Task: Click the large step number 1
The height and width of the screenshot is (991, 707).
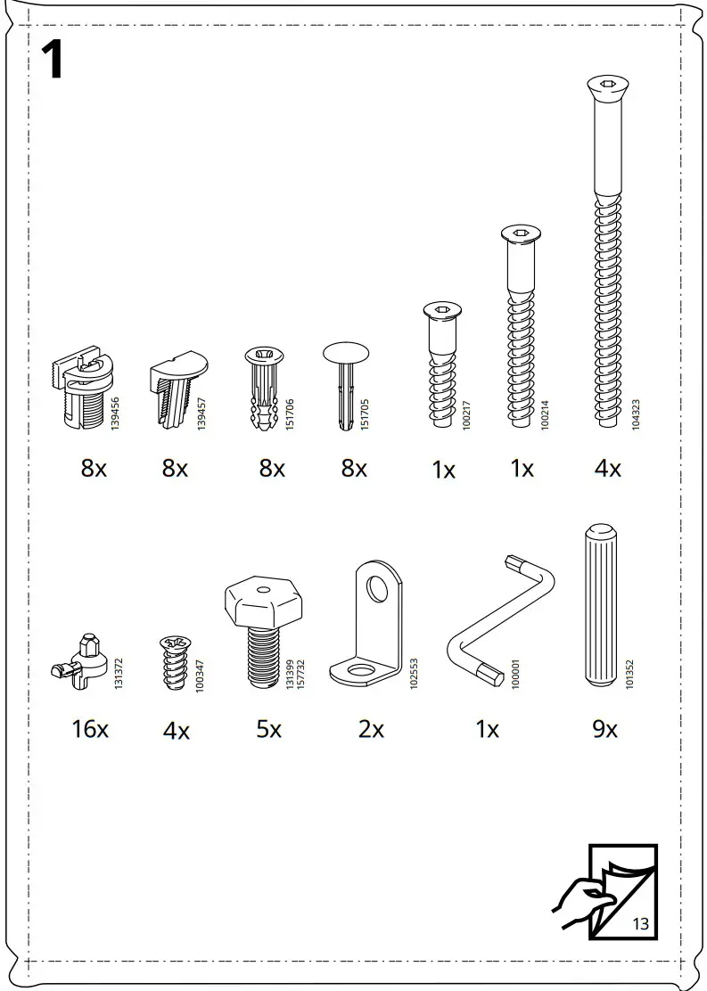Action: click(53, 60)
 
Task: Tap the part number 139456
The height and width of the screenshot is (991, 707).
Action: click(115, 414)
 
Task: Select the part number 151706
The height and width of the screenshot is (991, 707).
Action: click(290, 414)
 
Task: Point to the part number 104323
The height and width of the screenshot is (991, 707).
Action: click(636, 414)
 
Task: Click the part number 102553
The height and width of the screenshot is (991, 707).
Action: click(414, 673)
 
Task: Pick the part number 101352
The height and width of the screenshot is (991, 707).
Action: click(629, 674)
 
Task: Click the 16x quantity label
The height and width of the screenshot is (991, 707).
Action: click(90, 729)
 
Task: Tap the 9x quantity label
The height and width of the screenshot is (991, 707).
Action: click(604, 729)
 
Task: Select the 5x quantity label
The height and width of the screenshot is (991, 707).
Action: click(268, 729)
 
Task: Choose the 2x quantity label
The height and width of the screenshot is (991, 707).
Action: click(371, 729)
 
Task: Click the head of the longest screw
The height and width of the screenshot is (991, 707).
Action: click(608, 84)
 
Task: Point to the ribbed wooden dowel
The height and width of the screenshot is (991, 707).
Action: click(601, 605)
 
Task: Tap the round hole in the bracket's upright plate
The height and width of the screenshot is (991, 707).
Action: click(377, 588)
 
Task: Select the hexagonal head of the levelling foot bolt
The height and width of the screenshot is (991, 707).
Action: click(262, 599)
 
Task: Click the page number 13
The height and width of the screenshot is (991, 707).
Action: click(641, 924)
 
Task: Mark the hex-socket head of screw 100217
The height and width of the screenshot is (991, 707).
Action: click(442, 311)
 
